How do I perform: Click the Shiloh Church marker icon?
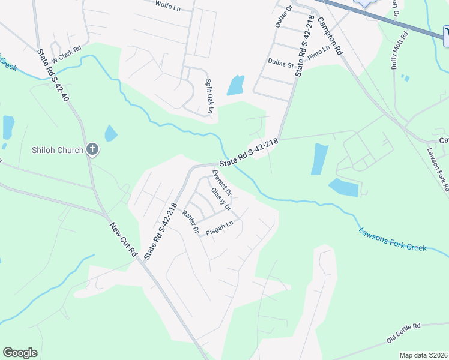92,149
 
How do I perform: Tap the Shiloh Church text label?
57,149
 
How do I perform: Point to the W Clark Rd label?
66,56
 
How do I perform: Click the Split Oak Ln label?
209,96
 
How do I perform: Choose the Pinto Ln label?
319,53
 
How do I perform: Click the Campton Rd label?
330,35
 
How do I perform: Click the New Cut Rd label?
124,239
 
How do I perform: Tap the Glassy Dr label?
221,200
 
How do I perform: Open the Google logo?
20,353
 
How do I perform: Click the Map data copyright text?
423,355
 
